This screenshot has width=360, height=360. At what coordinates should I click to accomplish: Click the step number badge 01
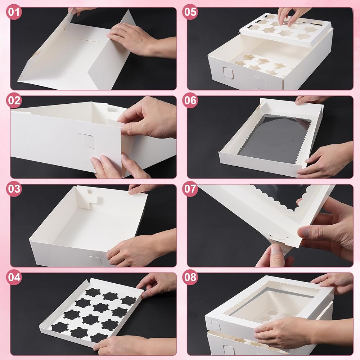pos(14,12)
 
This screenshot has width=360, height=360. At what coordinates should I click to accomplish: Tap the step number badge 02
pos(14,100)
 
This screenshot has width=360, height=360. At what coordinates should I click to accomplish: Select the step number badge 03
pos(14,189)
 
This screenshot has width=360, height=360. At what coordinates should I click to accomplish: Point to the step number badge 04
pos(14,277)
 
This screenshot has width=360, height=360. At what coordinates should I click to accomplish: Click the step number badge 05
pos(190,12)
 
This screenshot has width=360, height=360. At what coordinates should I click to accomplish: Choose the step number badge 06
pos(190,100)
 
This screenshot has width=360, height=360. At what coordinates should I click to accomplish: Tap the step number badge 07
pos(190,189)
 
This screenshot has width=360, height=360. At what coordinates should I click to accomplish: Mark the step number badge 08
pos(190,277)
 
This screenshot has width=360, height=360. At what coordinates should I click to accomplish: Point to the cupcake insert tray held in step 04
pos(92,312)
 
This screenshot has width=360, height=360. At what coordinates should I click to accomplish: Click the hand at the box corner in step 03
pos(140,248)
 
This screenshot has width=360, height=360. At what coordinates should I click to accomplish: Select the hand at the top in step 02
pos(147,117)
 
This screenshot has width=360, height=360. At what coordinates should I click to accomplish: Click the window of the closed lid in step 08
pos(272,304)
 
